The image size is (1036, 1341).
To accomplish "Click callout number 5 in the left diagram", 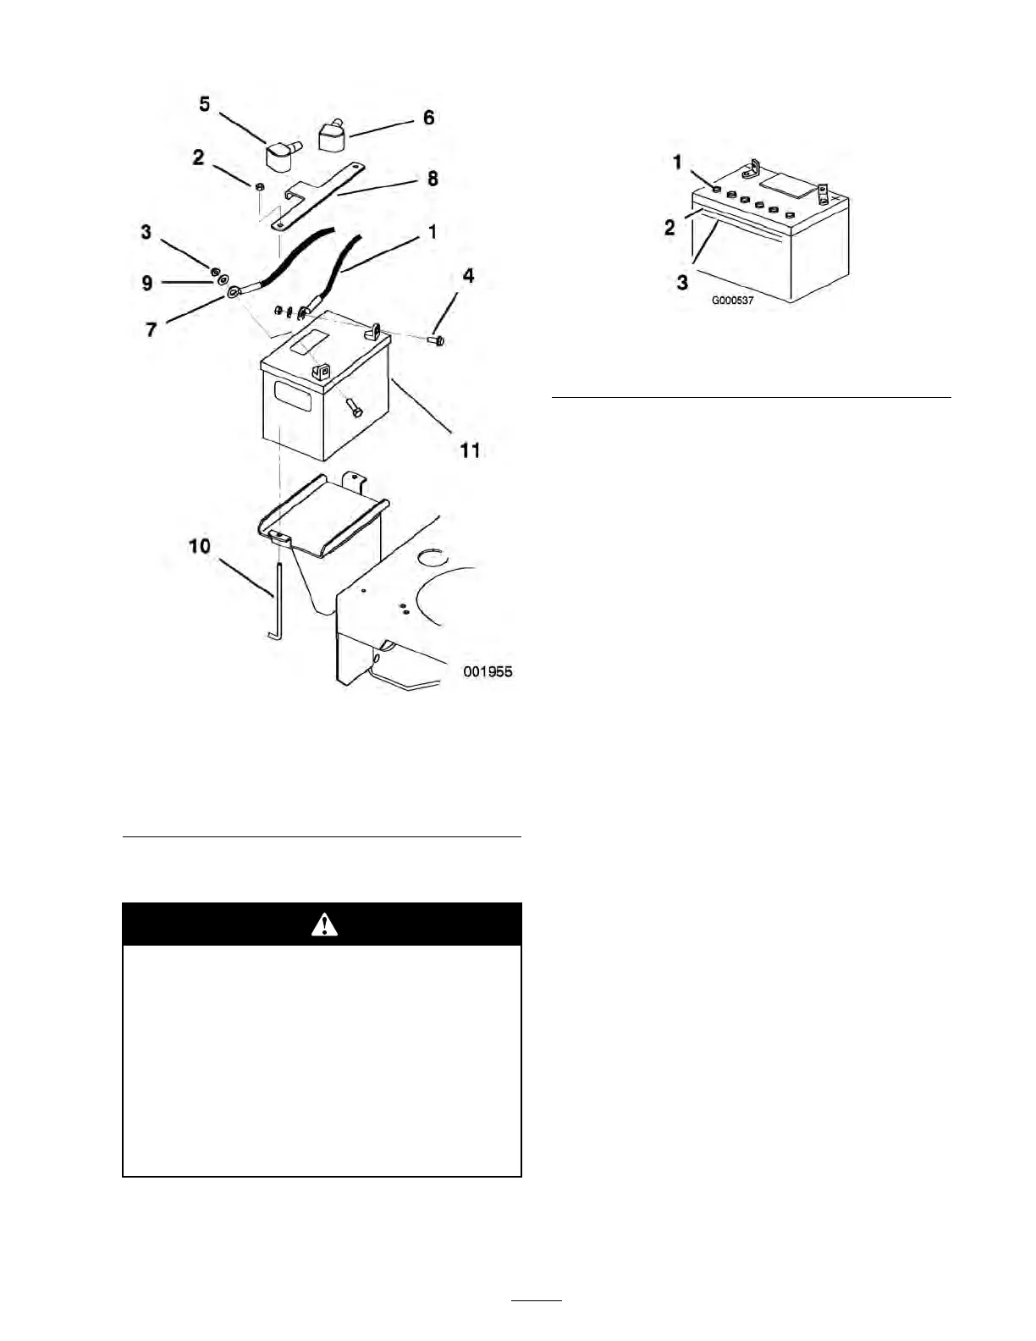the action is pos(205,104).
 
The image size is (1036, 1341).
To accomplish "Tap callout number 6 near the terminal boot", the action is pos(429,118).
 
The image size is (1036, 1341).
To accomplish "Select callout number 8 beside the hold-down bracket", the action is pos(433,179).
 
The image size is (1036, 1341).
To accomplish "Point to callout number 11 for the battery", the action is pos(470,450).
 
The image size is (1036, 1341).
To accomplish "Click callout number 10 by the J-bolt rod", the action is pos(200,546).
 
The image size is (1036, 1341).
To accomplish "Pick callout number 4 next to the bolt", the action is pos(468,276).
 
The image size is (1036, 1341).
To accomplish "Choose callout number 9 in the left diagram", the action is pos(147,282).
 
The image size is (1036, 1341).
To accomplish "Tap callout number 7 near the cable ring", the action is pos(152,328).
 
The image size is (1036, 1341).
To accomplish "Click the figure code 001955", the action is pos(488,671).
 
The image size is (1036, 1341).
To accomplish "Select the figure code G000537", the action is pos(732,301).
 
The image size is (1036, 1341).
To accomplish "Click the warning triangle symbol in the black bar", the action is pos(323,924).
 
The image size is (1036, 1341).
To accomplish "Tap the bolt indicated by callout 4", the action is pos(437,339).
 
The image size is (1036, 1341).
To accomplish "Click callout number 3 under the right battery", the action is pos(682,282).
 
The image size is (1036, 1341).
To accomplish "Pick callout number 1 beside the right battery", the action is pos(677,162).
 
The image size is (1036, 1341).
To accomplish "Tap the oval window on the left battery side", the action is pos(293,396).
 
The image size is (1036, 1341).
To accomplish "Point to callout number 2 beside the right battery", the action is pos(670,227).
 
